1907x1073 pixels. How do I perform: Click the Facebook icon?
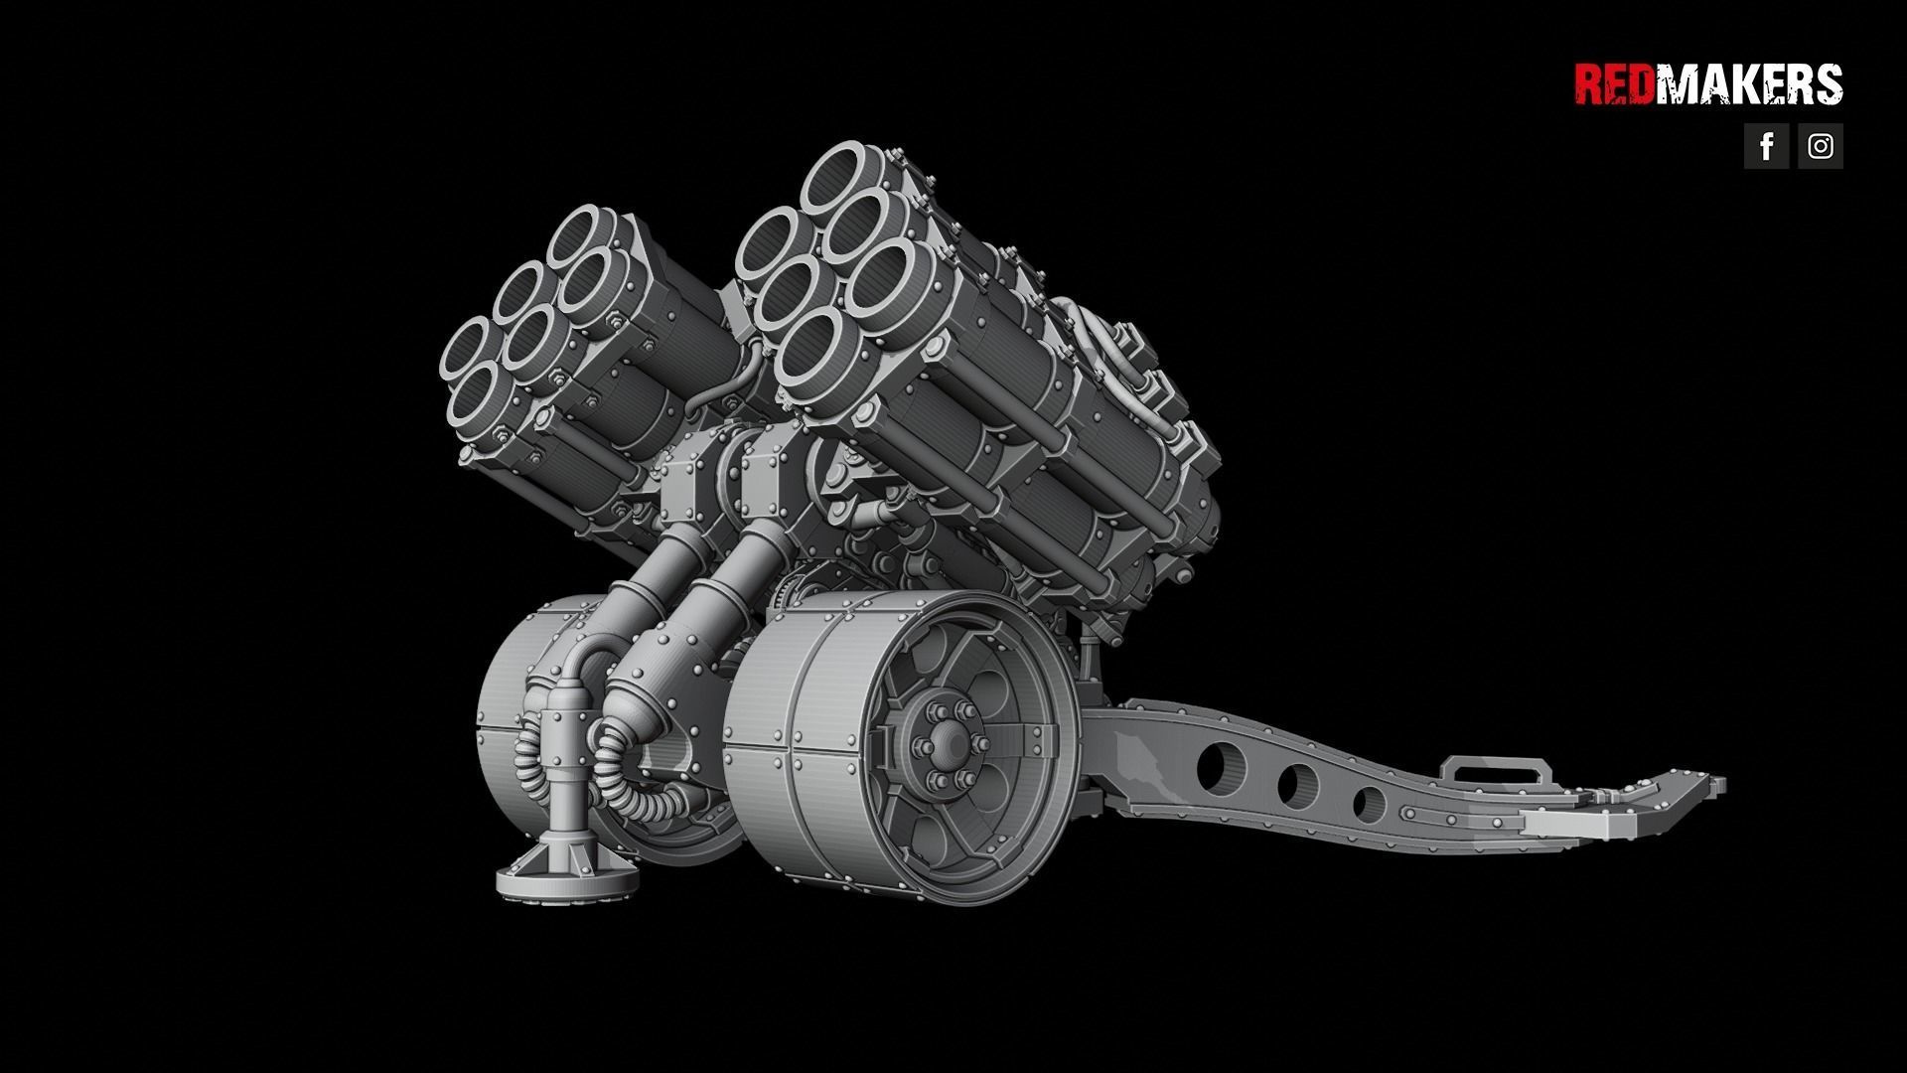tap(1766, 146)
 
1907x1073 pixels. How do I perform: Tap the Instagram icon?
tap(1821, 146)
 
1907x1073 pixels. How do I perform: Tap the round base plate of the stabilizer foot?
tap(566, 880)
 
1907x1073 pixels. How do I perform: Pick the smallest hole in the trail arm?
tap(1370, 803)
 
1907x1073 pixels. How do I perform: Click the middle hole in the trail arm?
tap(1297, 785)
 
